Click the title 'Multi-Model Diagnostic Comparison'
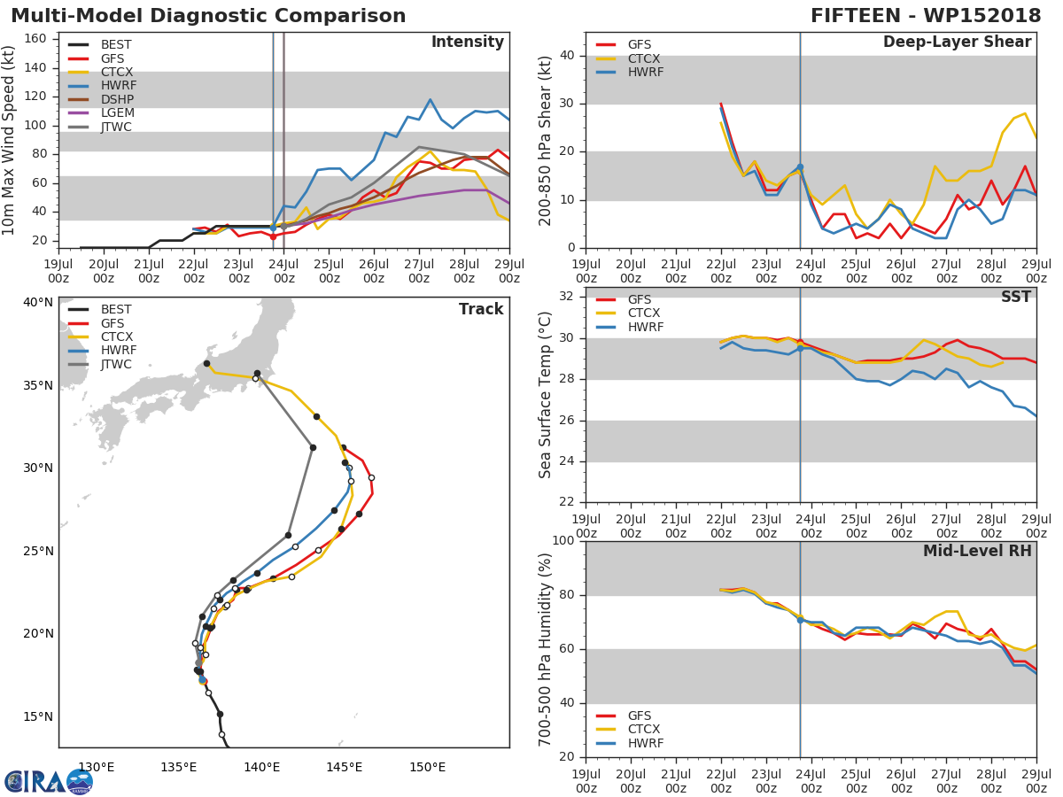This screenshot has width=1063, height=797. click(x=208, y=16)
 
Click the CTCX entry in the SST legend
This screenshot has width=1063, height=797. click(x=643, y=313)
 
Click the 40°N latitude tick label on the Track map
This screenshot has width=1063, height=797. click(x=38, y=303)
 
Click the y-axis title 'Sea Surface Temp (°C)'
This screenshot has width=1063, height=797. click(x=546, y=394)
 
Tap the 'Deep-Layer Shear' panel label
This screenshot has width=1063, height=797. click(x=957, y=43)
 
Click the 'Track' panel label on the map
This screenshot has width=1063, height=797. click(x=481, y=310)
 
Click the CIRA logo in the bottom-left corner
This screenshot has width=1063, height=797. click(x=48, y=781)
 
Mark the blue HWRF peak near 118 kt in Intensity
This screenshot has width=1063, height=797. click(x=430, y=99)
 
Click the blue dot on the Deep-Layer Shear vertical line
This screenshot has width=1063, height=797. click(x=800, y=167)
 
